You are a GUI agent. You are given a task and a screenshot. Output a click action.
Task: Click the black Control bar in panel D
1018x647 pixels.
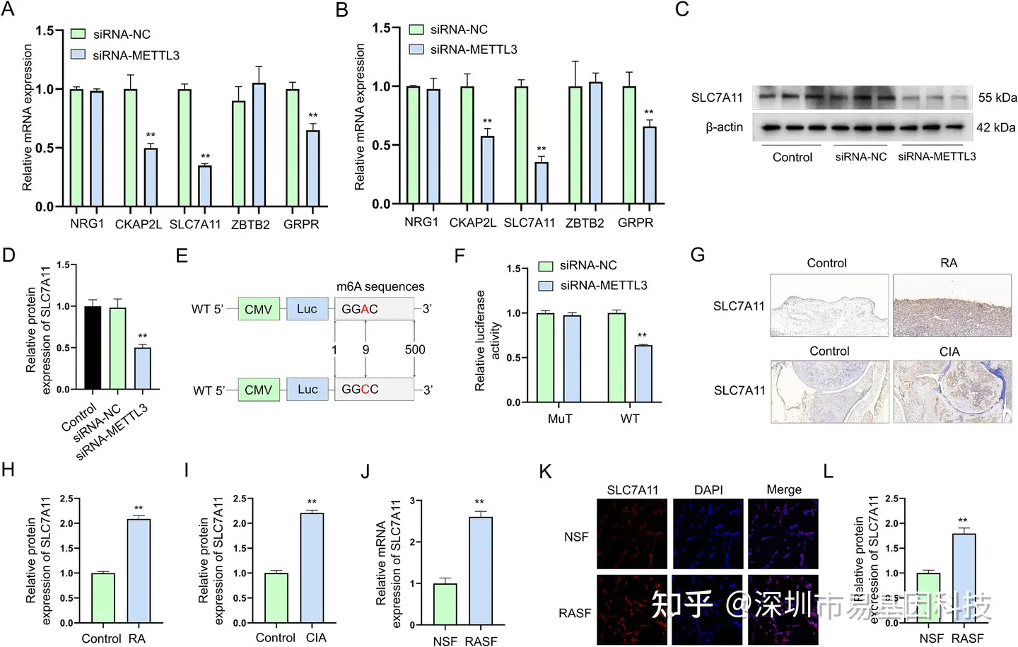[x=93, y=348]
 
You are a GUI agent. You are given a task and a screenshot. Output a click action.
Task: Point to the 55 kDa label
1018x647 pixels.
[x=997, y=98]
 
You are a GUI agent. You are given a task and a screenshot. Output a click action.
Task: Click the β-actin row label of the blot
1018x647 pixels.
[x=724, y=127]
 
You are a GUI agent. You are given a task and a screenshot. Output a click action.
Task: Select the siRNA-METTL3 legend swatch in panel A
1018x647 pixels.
[x=78, y=54]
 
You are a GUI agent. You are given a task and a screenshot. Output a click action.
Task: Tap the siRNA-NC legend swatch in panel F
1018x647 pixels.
[x=545, y=266]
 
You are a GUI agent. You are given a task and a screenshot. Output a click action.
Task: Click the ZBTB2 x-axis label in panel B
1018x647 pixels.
[x=585, y=223]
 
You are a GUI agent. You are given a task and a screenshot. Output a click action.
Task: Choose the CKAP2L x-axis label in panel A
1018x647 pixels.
[x=139, y=224]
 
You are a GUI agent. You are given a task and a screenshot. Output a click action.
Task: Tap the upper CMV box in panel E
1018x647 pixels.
[x=259, y=309]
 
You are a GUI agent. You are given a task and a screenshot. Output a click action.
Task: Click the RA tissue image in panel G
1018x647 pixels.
[x=952, y=305]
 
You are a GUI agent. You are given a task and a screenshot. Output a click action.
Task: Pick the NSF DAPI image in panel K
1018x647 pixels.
[x=708, y=534]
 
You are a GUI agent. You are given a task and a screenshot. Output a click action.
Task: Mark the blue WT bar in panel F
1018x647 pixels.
[x=643, y=373]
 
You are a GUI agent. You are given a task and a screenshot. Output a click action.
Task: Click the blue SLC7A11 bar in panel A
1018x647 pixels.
[x=204, y=186]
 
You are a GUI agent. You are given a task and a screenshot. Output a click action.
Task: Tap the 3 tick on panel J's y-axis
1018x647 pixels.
[x=412, y=501]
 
